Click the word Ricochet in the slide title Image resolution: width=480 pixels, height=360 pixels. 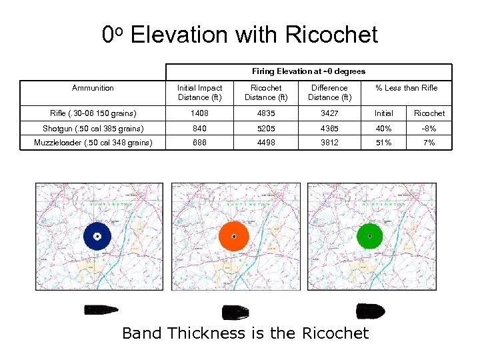pyautogui.click(x=331, y=34)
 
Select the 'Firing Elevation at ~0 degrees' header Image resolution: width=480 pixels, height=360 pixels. pyautogui.click(x=309, y=71)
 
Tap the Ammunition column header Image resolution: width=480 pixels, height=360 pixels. pyautogui.click(x=93, y=88)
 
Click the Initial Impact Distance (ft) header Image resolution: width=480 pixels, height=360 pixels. pyautogui.click(x=200, y=93)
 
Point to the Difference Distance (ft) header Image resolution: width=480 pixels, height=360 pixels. pyautogui.click(x=329, y=93)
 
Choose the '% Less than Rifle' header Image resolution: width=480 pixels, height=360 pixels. pyautogui.click(x=406, y=88)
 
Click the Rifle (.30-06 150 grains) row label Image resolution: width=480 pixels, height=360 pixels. pyautogui.click(x=93, y=113)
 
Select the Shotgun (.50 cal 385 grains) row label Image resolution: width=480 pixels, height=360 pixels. pyautogui.click(x=93, y=128)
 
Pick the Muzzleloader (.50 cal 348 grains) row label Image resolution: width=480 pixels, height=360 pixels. pyautogui.click(x=93, y=143)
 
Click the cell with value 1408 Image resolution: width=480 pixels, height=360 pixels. pyautogui.click(x=200, y=113)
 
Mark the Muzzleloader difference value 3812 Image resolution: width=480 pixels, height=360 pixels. pyautogui.click(x=329, y=143)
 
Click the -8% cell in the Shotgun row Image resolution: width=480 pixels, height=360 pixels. pyautogui.click(x=429, y=128)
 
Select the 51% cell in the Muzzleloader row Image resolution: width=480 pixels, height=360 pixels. pyautogui.click(x=383, y=143)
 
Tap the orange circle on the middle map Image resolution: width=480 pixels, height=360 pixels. pyautogui.click(x=234, y=235)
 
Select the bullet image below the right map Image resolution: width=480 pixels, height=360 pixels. pyautogui.click(x=370, y=311)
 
